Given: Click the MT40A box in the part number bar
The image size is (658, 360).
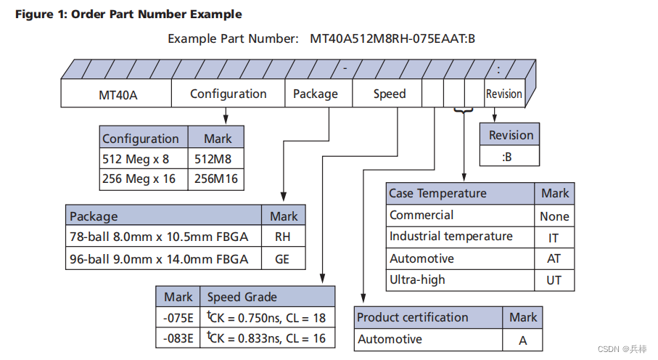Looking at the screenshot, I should click(117, 94).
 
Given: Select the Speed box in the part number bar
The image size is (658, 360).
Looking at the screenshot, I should click(389, 94).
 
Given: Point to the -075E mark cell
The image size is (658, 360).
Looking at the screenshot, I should click(178, 317).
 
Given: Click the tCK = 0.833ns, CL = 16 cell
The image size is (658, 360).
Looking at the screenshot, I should click(267, 337).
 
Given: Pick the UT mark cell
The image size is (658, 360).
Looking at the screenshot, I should click(554, 280).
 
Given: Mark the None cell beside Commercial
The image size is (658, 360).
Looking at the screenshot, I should click(554, 216).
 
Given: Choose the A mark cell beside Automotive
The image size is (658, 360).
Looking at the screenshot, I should click(522, 340).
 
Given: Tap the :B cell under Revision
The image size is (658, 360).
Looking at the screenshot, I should click(510, 156).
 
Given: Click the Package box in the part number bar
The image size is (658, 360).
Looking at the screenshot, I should click(316, 94).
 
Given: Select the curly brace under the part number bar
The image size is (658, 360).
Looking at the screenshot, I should click(463, 111).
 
